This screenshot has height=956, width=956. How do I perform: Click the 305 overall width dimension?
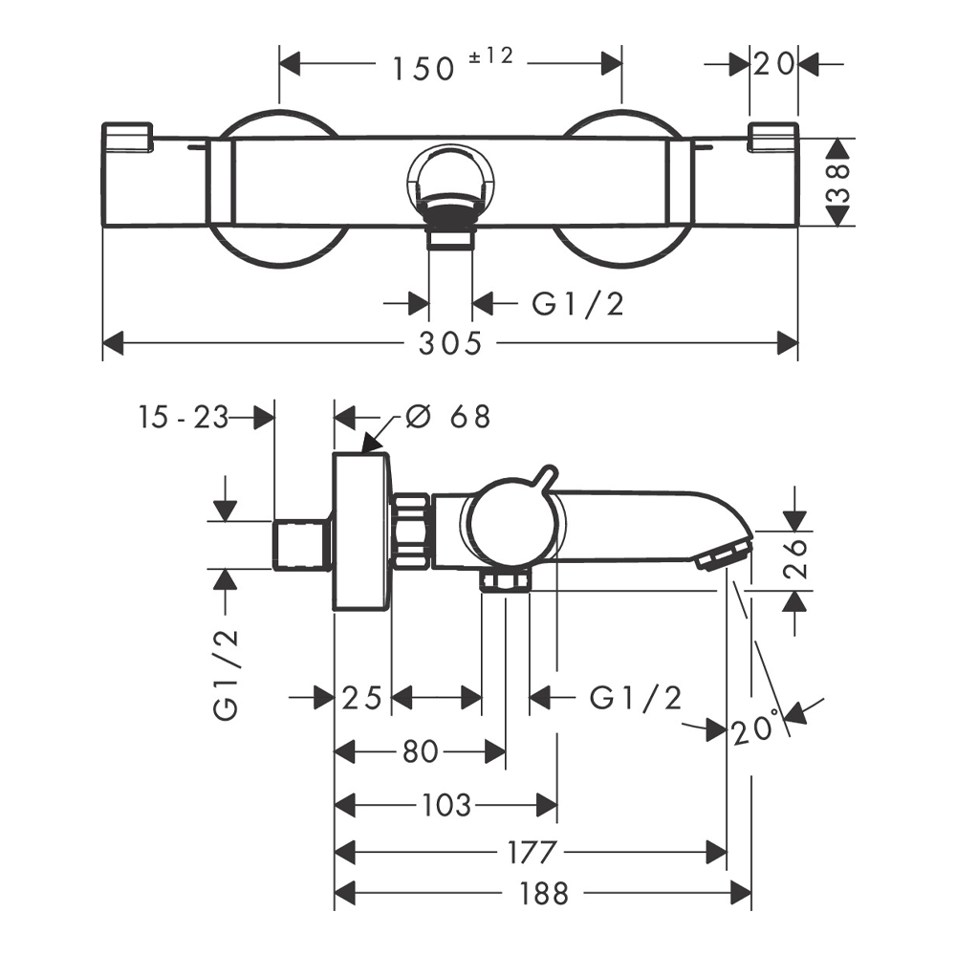pyautogui.click(x=449, y=343)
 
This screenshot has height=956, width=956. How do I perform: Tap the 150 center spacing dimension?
pyautogui.click(x=422, y=68)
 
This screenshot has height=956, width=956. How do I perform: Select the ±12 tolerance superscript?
pyautogui.click(x=490, y=56)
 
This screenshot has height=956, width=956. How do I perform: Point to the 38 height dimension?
pyautogui.click(x=838, y=182)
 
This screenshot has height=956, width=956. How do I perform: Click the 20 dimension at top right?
pyautogui.click(x=774, y=65)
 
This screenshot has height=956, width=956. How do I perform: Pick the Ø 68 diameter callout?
pyautogui.click(x=446, y=417)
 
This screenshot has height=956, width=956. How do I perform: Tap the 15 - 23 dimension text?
pyautogui.click(x=183, y=417)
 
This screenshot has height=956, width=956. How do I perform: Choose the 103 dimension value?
pyautogui.click(x=445, y=805)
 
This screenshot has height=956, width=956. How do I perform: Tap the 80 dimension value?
pyautogui.click(x=420, y=752)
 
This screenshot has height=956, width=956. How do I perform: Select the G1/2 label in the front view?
pyautogui.click(x=578, y=304)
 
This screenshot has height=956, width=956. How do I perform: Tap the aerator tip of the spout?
pyautogui.click(x=722, y=555)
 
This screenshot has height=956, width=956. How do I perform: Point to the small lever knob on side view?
pyautogui.click(x=546, y=477)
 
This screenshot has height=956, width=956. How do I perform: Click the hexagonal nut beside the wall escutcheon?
pyautogui.click(x=412, y=532)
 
